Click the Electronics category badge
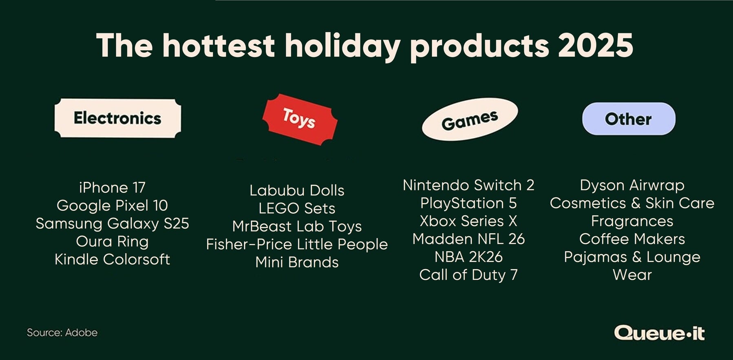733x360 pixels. [117, 118]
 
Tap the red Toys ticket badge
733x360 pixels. [300, 119]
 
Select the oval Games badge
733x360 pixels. [469, 119]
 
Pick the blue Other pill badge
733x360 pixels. [628, 119]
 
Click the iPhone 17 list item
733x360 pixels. [112, 188]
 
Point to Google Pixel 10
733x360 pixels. [112, 205]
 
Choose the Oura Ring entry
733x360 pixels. [112, 241]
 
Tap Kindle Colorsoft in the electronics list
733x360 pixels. [112, 259]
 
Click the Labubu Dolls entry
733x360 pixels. [297, 190]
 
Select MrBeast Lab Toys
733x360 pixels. [297, 226]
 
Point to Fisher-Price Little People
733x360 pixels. [297, 244]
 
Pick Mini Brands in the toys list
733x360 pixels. [297, 262]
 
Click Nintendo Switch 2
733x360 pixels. [468, 185]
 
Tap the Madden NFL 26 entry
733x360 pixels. [468, 239]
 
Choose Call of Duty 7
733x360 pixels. [468, 275]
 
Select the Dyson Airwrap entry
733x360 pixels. [632, 185]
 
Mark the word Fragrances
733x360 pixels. [632, 221]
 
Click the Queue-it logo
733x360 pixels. [659, 333]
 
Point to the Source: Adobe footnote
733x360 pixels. [62, 333]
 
